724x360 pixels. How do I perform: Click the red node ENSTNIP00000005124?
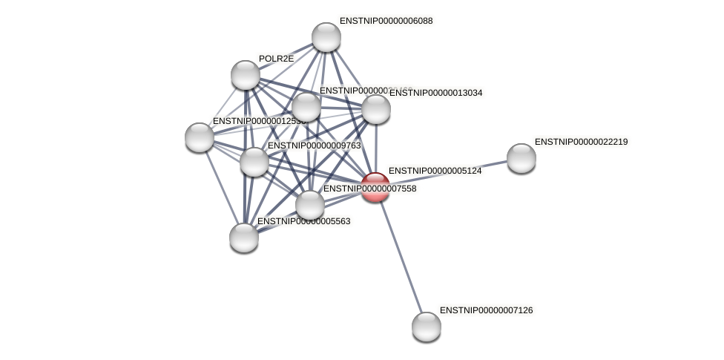(x=375, y=187)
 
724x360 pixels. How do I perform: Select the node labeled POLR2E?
(x=246, y=75)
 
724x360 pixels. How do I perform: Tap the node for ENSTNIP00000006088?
(x=326, y=37)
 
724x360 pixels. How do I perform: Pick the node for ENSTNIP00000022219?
(x=521, y=157)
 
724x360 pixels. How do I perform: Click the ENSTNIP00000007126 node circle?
(x=427, y=326)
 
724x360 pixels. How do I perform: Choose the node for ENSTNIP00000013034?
(x=376, y=109)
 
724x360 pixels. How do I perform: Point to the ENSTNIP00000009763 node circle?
(x=254, y=161)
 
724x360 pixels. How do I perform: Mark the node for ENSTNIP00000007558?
(x=310, y=205)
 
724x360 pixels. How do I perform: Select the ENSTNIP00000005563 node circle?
(x=244, y=238)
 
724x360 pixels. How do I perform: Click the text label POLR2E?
(x=276, y=59)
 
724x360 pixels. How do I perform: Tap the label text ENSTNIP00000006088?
(x=386, y=21)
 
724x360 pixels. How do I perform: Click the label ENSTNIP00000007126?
(x=486, y=310)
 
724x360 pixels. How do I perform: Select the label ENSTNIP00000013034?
(x=435, y=93)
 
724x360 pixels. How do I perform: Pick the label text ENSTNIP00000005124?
(x=435, y=171)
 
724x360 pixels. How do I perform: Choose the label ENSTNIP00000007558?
(x=369, y=189)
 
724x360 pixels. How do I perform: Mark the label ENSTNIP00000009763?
(x=314, y=145)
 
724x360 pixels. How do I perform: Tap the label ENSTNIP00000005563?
(x=303, y=221)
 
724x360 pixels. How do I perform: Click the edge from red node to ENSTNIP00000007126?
(x=401, y=256)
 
